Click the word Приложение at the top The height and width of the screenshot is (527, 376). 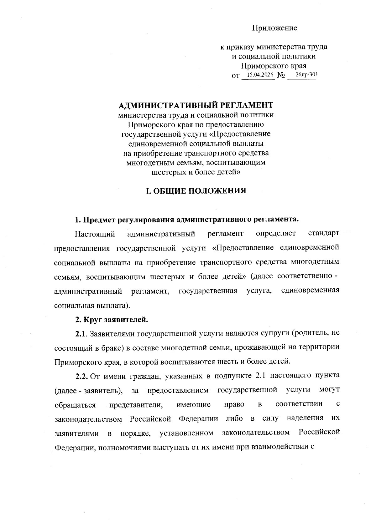pos(274,28)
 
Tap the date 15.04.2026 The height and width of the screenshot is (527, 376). pos(260,75)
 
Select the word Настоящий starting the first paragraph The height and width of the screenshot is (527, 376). pos(95,234)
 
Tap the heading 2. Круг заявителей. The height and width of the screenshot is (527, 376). pos(111,320)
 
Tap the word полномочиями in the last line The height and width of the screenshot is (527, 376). pos(123,447)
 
